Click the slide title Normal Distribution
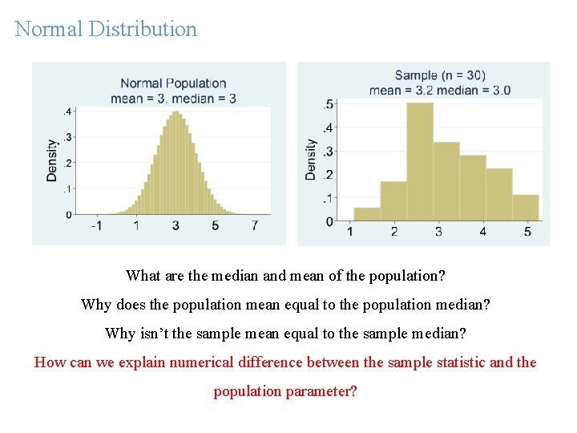point(106,29)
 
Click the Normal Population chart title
point(173,83)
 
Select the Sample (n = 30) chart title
point(440,75)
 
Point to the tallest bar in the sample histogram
point(420,160)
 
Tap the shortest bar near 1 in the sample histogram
point(366,214)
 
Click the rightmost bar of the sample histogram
point(526,208)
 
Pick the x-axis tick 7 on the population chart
point(255,226)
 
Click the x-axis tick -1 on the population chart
point(95,226)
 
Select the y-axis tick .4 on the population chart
point(68,111)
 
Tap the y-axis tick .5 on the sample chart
point(329,104)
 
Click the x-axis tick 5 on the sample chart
point(527,232)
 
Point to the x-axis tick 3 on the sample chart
point(438,232)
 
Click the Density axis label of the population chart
point(52,160)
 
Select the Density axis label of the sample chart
point(311,160)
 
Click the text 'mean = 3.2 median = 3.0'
point(440,90)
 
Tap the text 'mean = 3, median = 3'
point(173,99)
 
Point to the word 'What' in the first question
point(143,276)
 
